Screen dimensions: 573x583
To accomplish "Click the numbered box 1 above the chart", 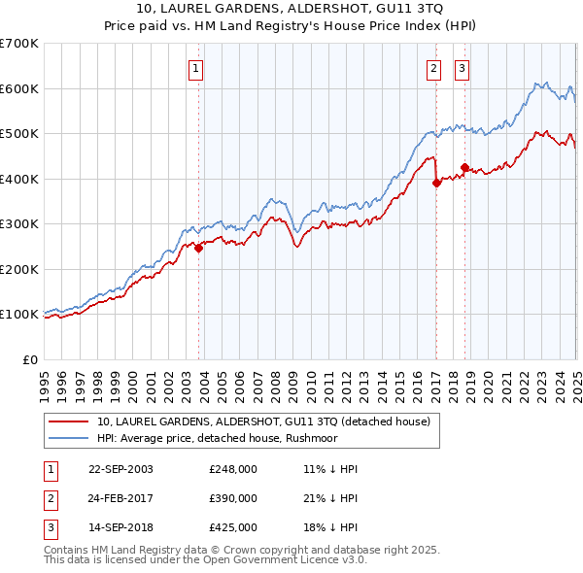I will [196, 68].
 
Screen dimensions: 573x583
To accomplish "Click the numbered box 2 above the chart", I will [433, 68].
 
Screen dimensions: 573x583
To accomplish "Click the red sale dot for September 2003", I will [199, 248].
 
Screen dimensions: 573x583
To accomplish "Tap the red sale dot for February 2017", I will [436, 184].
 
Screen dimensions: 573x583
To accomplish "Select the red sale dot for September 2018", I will [464, 168].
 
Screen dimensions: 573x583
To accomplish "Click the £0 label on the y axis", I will [30, 359].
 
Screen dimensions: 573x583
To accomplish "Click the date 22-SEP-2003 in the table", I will [120, 469].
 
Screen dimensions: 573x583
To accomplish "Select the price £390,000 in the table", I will [233, 498].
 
